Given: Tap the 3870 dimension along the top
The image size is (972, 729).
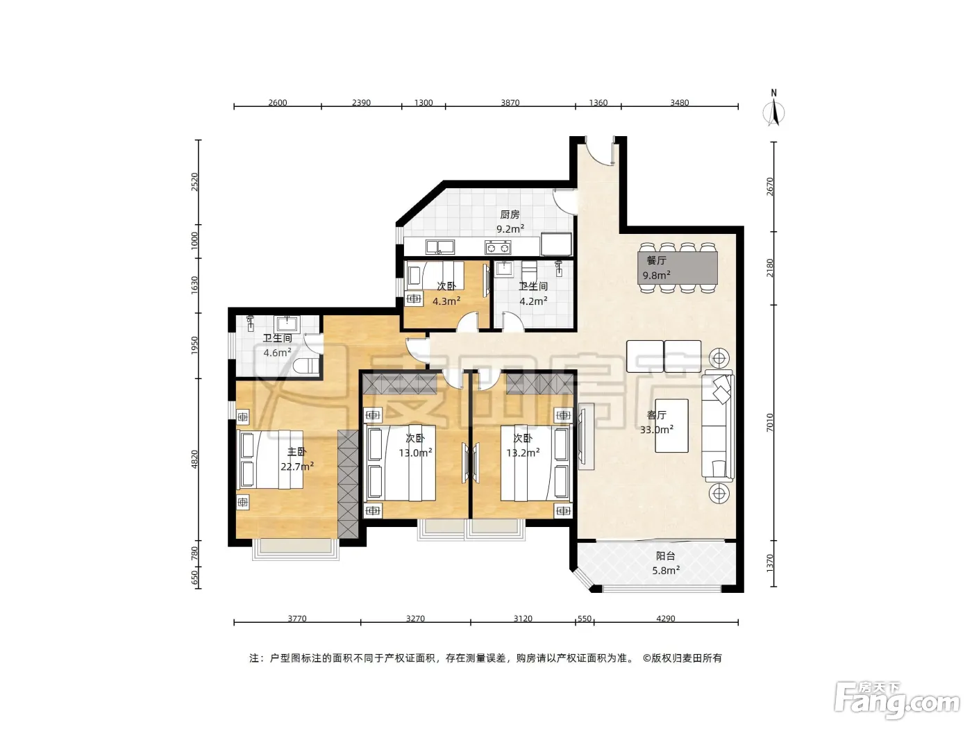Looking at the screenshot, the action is click(x=510, y=103).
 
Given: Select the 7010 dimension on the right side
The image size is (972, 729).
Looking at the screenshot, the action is click(x=770, y=422).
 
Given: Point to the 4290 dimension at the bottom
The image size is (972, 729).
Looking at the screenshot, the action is click(x=665, y=619).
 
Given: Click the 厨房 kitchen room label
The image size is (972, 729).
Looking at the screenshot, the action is click(x=510, y=215).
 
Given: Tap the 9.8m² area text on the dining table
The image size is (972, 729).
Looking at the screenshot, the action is click(x=656, y=276).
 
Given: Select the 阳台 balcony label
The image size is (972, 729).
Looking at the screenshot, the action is click(x=666, y=556).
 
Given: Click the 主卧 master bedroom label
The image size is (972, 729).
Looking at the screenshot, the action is click(x=296, y=452).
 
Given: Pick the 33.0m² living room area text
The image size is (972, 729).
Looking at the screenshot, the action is click(x=657, y=429).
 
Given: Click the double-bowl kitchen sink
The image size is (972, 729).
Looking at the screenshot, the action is click(x=439, y=247).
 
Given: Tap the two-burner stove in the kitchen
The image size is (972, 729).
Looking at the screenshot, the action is click(x=498, y=247).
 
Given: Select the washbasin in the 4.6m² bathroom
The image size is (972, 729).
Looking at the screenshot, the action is click(x=287, y=324).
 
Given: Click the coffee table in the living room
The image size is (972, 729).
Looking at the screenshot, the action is click(x=671, y=426).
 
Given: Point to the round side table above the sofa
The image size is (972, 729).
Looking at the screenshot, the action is click(x=719, y=358).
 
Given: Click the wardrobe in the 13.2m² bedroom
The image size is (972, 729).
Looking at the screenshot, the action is click(x=539, y=384).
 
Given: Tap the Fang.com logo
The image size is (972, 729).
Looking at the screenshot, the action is click(x=897, y=701).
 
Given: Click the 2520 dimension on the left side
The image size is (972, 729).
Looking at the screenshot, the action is click(x=194, y=182).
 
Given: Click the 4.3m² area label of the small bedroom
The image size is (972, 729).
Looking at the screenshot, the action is click(x=446, y=301).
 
